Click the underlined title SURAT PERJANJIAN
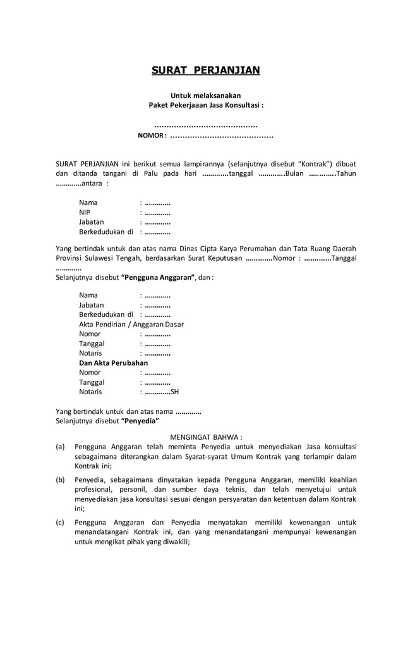[205, 70]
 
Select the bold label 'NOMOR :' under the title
[152, 135]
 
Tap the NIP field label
[85, 213]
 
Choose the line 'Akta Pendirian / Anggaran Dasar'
[131, 325]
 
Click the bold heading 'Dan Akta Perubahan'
[113, 363]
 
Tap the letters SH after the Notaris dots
[175, 392]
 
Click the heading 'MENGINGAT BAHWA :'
[206, 437]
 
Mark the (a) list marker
[61, 447]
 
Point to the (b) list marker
[61, 480]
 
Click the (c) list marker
[61, 523]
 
